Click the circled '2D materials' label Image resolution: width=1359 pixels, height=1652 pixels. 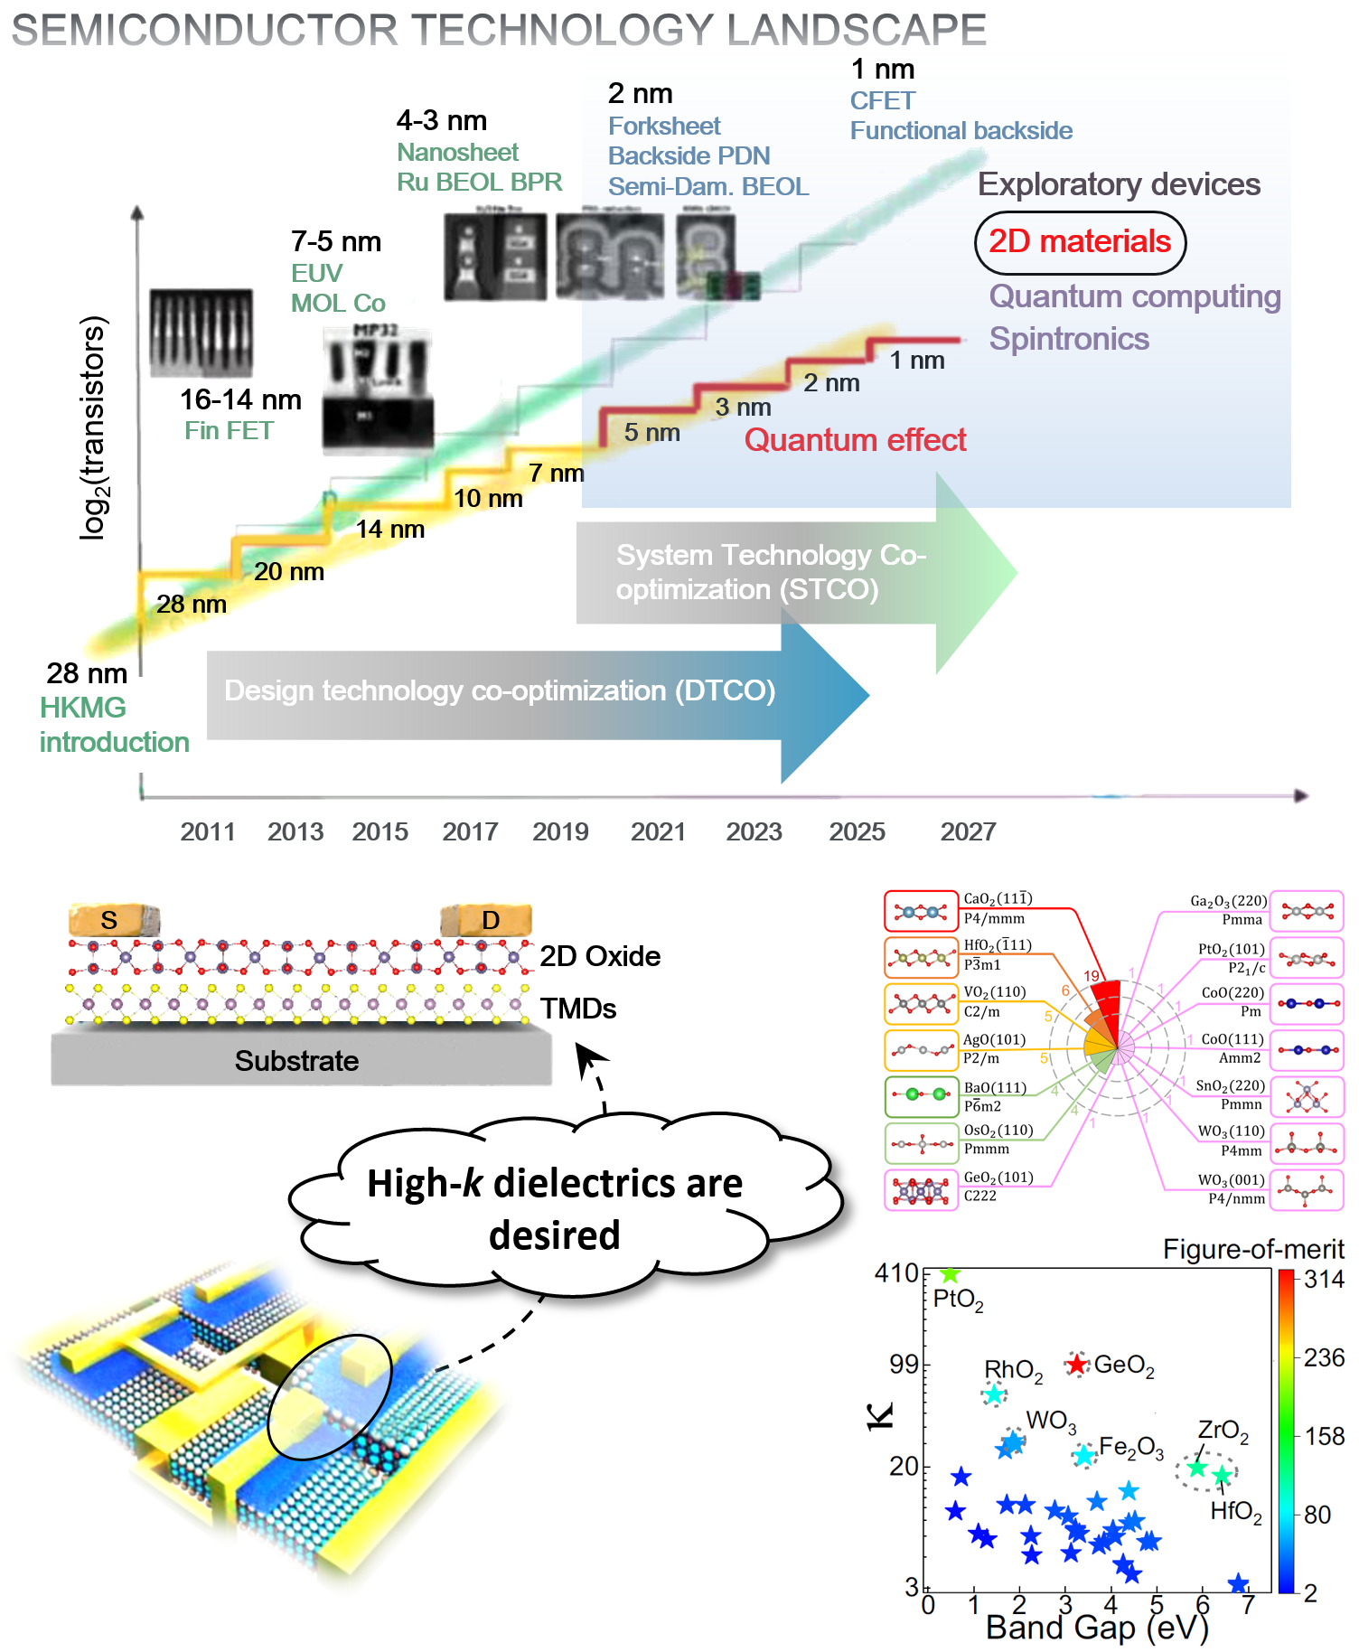point(1080,242)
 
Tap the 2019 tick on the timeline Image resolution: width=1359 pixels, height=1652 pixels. point(560,831)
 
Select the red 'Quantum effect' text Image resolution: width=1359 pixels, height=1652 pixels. point(855,440)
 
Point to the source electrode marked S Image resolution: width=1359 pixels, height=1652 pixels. point(110,920)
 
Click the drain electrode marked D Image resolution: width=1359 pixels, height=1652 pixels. point(490,920)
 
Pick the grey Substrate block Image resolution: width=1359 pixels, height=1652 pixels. point(298,1059)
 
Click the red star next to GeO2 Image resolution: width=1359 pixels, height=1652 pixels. point(1076,1364)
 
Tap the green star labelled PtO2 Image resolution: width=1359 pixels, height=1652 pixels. point(949,1274)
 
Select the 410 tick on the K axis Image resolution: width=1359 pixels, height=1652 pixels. point(896,1273)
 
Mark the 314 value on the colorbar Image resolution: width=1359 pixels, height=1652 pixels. point(1324,1279)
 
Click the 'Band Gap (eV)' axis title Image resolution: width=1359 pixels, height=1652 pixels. point(1096,1628)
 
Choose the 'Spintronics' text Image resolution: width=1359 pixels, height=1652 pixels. point(1069,339)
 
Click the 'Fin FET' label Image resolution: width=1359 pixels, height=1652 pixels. point(229,431)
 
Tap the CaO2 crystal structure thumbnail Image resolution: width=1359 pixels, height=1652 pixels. point(921,911)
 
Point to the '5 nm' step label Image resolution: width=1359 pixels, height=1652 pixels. point(651,433)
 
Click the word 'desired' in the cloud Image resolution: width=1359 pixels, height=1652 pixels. point(554,1235)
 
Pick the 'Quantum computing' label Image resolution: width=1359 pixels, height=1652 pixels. point(1135,296)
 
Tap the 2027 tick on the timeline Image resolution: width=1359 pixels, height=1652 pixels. point(968,831)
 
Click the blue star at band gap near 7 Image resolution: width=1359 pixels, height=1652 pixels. point(1238,1583)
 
